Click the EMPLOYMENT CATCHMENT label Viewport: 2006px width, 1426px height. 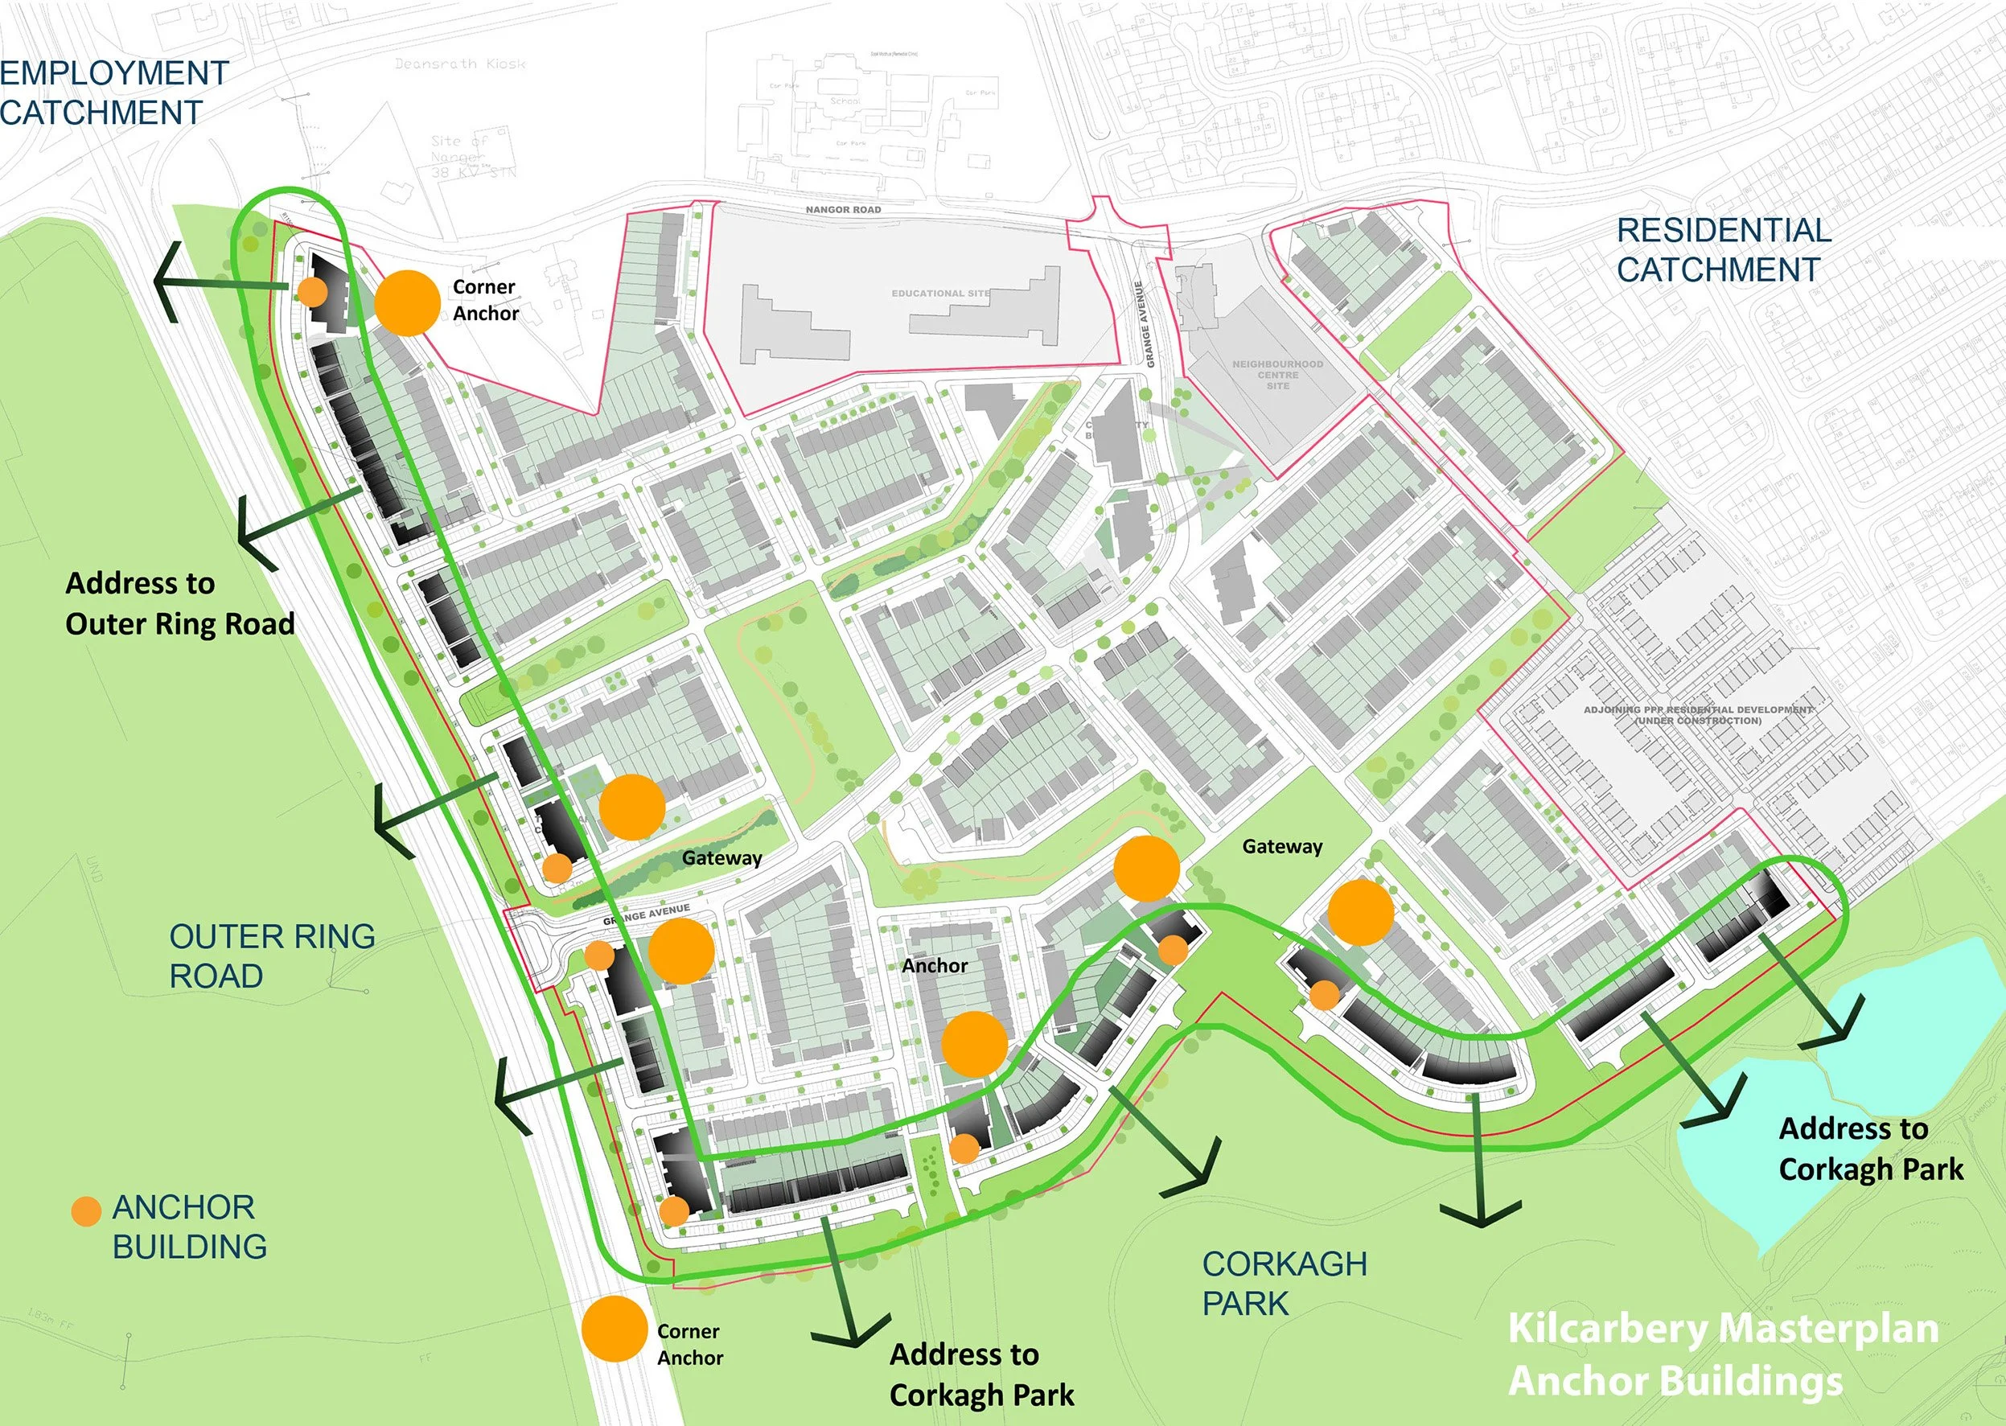[114, 92]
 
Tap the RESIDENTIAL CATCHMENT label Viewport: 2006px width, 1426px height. [1724, 249]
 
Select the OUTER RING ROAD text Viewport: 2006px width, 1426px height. [271, 955]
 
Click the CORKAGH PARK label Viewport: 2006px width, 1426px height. [1285, 1283]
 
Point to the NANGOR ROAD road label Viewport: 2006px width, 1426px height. [843, 210]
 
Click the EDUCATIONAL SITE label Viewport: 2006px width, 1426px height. [940, 294]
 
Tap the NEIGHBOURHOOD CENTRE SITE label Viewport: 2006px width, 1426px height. [1277, 375]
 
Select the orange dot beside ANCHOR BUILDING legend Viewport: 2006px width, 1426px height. [86, 1212]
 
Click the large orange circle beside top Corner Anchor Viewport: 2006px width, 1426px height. [406, 302]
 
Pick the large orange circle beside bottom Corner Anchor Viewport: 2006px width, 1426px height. [615, 1329]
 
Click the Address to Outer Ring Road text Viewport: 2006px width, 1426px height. [180, 603]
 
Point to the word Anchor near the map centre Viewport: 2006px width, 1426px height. [934, 966]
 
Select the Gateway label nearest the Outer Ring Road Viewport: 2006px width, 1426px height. [721, 858]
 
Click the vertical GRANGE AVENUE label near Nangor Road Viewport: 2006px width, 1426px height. [1145, 324]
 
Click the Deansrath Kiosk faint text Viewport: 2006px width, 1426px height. [460, 64]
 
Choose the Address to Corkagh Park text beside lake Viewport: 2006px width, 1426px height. [1870, 1149]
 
